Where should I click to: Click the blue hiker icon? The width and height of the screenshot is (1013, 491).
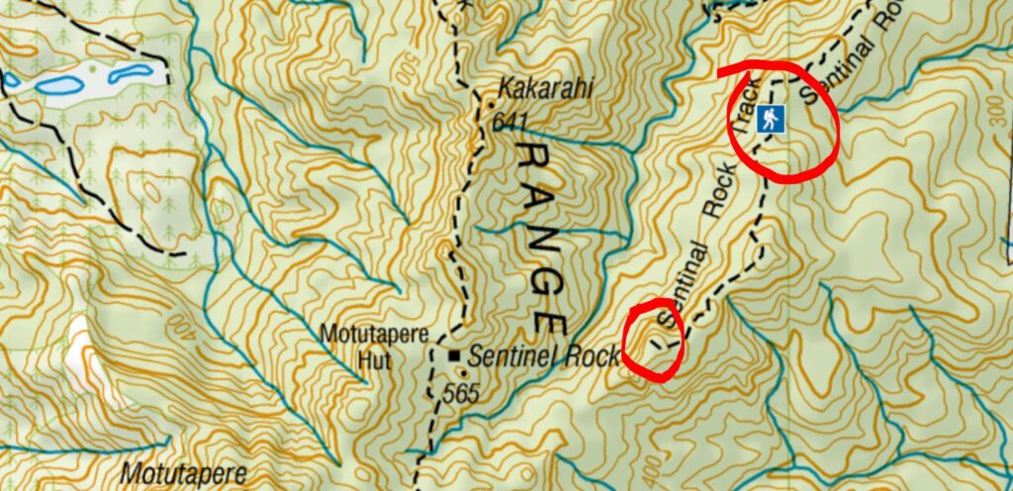(771, 121)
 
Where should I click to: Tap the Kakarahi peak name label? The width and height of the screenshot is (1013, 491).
(546, 90)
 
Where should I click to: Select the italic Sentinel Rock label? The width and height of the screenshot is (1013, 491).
(545, 354)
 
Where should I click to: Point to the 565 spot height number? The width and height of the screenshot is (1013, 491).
(461, 393)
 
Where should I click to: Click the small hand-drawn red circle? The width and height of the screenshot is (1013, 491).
(655, 340)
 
